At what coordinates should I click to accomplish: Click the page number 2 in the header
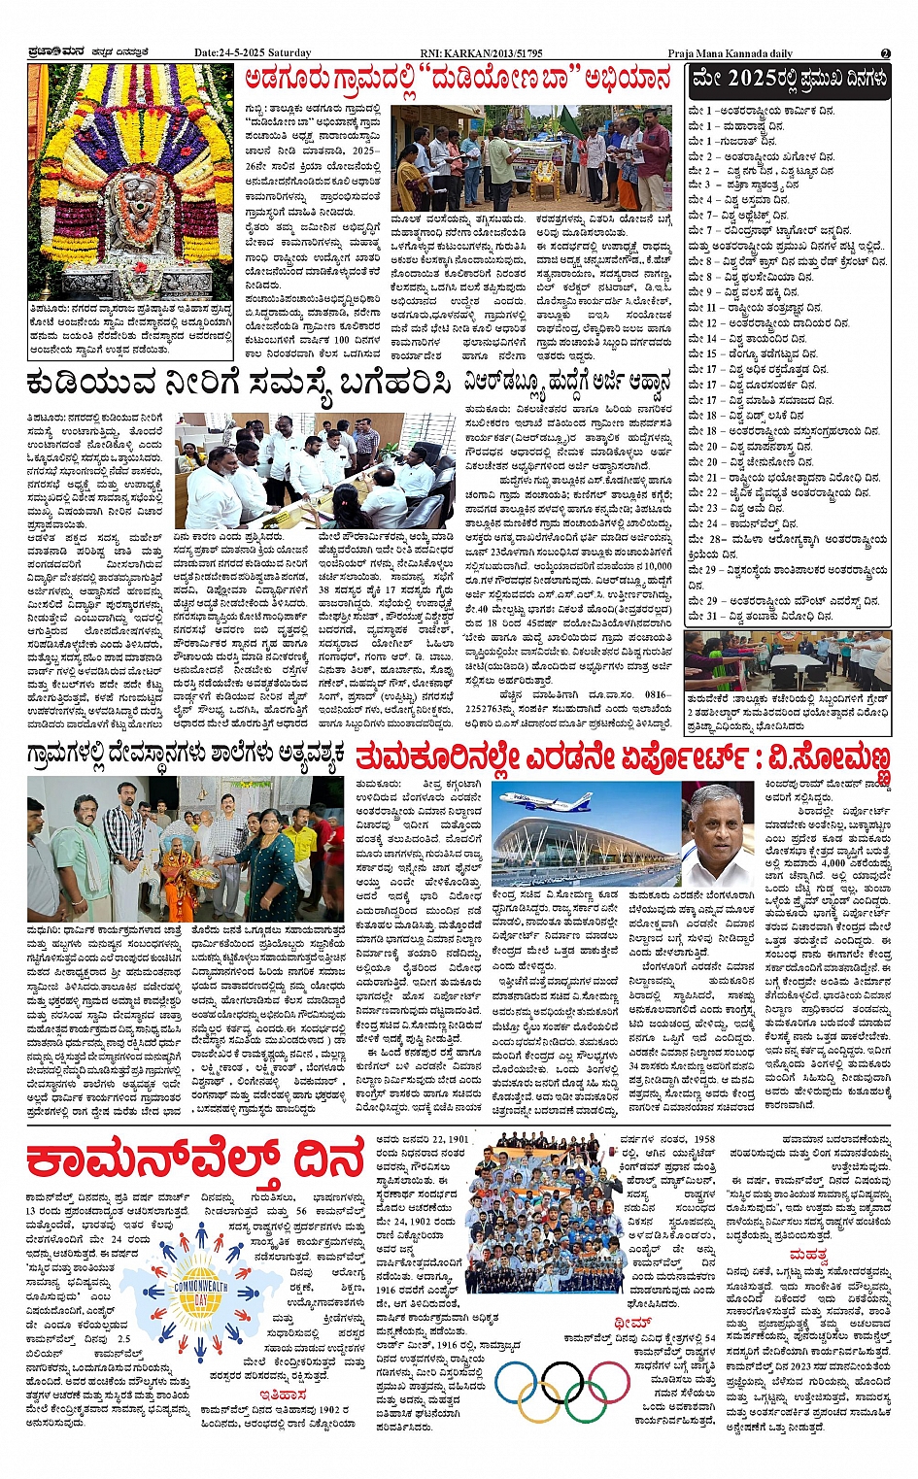(885, 53)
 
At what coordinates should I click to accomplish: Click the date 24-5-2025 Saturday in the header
(253, 53)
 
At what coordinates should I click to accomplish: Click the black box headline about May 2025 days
(788, 81)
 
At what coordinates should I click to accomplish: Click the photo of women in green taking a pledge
(787, 660)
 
